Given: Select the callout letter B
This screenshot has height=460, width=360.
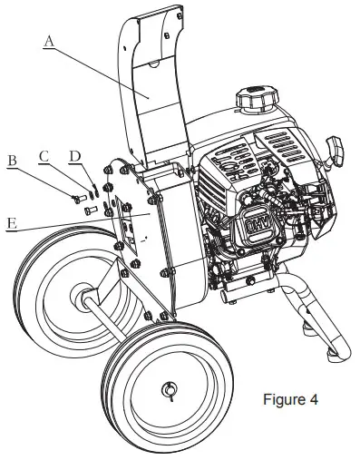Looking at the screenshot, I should coord(13,161).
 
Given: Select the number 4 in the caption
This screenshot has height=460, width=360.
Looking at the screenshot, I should coord(313,399).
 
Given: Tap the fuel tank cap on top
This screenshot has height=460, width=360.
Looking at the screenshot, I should coord(252,97).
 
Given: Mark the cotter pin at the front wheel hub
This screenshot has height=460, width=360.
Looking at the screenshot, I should coord(168,390).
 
